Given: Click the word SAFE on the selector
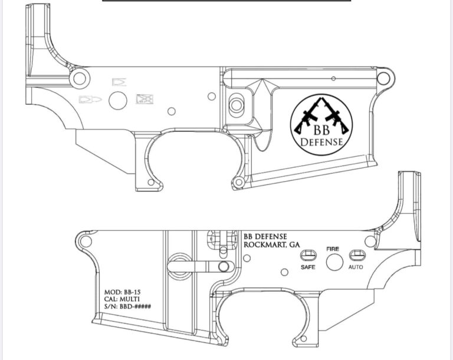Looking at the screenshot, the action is (308, 267).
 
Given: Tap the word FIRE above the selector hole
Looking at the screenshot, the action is (333, 249).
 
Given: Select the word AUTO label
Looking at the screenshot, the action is (356, 267).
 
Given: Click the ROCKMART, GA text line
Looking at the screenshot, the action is (272, 245).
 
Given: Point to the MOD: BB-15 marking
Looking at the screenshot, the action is (123, 292).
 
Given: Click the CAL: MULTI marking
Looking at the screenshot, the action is (122, 299).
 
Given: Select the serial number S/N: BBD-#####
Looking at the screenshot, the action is (127, 306).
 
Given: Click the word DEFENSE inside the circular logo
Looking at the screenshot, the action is (321, 142).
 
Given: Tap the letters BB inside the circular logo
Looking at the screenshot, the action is (321, 130).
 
